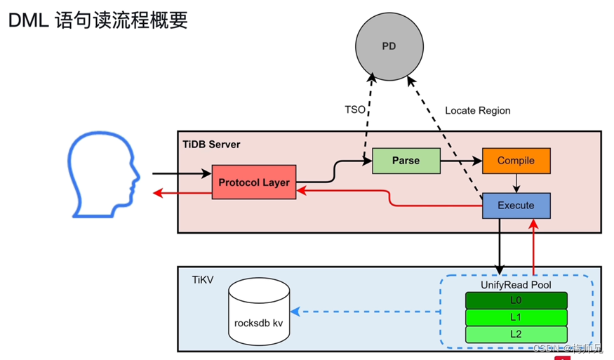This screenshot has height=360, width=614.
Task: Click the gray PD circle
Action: tap(388, 47)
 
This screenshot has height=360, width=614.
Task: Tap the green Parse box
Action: tap(406, 161)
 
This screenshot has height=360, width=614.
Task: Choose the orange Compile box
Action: tap(516, 161)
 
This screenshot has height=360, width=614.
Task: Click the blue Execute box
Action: tap(516, 206)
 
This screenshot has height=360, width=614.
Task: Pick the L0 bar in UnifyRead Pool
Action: tap(516, 300)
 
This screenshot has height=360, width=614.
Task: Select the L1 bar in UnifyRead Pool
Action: tap(516, 317)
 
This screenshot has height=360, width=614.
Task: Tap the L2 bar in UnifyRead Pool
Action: tap(516, 334)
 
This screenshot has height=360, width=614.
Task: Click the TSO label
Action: tap(354, 110)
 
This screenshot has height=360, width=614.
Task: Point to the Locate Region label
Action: tap(477, 111)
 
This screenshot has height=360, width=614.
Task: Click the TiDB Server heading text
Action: tap(211, 145)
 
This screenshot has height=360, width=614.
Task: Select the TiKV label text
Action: tap(202, 279)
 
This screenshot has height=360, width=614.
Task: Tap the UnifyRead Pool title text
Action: tap(516, 285)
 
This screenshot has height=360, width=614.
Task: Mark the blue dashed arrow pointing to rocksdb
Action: tap(365, 310)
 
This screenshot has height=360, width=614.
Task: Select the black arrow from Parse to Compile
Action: tap(461, 161)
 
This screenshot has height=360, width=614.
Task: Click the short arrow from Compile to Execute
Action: tap(516, 182)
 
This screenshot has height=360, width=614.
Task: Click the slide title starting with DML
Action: tap(98, 20)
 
